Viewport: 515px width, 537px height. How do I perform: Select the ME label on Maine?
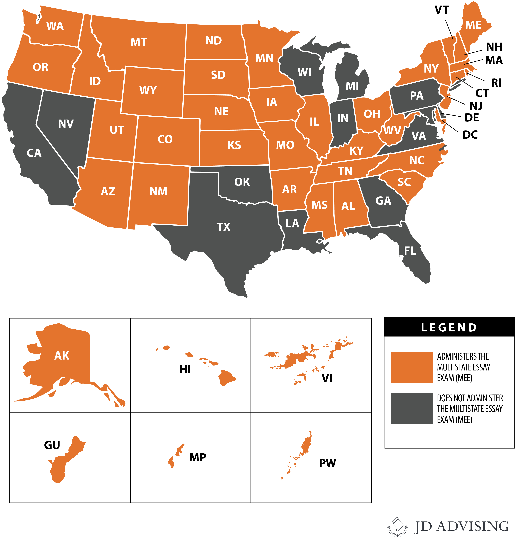[473, 25]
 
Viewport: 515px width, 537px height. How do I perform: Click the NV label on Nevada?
[66, 124]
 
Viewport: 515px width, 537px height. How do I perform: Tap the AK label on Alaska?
[62, 356]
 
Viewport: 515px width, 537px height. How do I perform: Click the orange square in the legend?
[412, 368]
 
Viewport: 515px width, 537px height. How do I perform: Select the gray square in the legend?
[412, 409]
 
